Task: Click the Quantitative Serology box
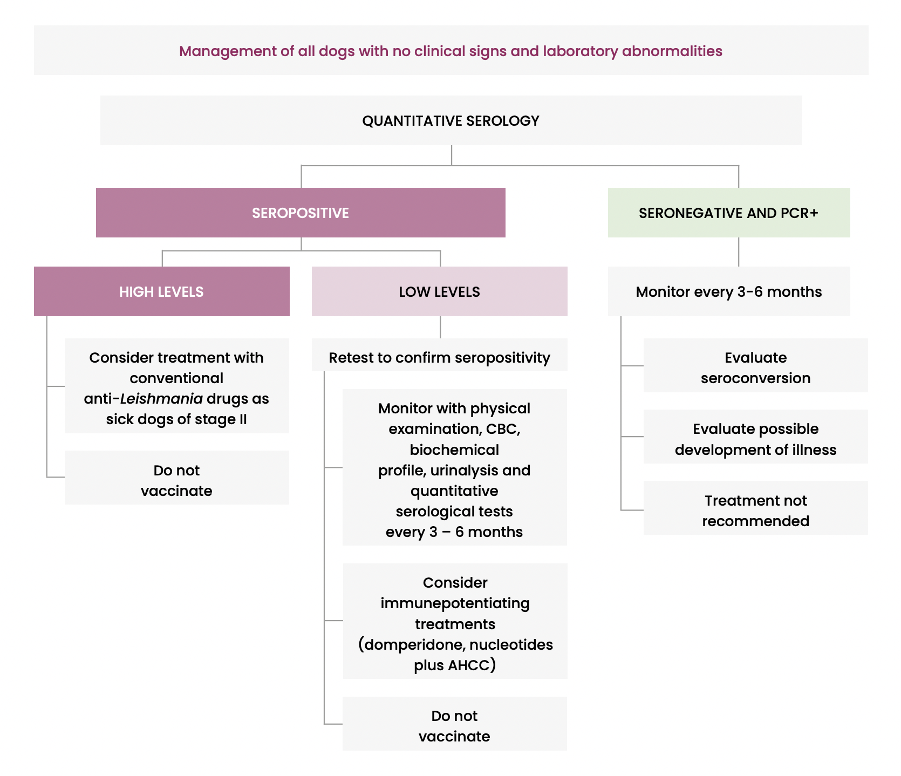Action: (x=451, y=120)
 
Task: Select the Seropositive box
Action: (x=301, y=213)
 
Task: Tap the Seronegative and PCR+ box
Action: (x=728, y=213)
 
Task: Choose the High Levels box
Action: (x=161, y=291)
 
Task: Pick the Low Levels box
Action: (x=439, y=291)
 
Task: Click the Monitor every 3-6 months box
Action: (x=728, y=291)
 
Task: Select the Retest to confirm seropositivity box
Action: (x=439, y=357)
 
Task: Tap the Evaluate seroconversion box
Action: (x=755, y=367)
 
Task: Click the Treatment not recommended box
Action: (x=755, y=510)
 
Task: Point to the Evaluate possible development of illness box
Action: (x=755, y=439)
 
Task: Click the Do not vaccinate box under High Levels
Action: (x=176, y=480)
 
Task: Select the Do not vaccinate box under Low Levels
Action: (x=454, y=725)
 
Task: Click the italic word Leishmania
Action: (x=161, y=399)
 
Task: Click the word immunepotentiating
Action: (x=455, y=603)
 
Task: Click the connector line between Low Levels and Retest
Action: (x=440, y=327)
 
